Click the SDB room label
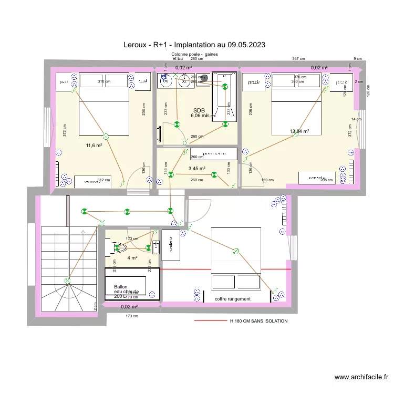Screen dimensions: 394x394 click(x=199, y=110)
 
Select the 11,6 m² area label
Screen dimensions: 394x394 click(x=94, y=146)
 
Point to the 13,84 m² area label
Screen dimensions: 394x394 click(x=299, y=131)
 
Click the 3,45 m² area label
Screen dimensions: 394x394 click(x=196, y=169)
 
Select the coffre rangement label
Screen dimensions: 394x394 click(x=233, y=299)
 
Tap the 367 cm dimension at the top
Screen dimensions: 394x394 click(x=299, y=59)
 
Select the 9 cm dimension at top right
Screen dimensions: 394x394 click(x=358, y=59)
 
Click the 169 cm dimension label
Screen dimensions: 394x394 click(x=267, y=180)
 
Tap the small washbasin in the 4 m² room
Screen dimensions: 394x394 click(x=155, y=248)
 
